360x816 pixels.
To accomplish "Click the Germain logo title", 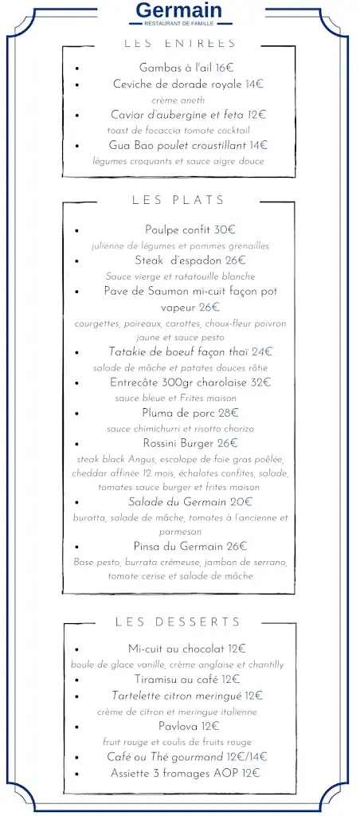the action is click(x=179, y=11).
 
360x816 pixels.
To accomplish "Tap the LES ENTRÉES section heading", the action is click(x=180, y=43).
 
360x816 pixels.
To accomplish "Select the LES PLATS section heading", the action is click(x=178, y=200).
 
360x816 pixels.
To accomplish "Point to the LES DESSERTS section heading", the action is click(x=178, y=622).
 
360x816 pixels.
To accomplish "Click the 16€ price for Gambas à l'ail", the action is click(x=224, y=68).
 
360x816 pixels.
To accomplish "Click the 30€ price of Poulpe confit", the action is click(x=226, y=229).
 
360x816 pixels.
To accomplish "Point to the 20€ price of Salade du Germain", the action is click(x=241, y=501).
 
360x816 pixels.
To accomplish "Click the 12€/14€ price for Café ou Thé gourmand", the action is click(x=244, y=756).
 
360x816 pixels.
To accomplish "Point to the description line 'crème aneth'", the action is click(x=178, y=100).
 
